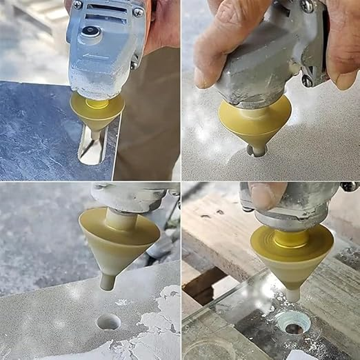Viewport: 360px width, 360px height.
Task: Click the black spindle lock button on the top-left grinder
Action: point(89,31)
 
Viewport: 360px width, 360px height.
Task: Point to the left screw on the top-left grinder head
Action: point(78,6)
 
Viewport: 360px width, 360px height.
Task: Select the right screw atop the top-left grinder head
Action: point(138,12)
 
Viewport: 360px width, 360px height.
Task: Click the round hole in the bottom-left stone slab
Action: point(108,321)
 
